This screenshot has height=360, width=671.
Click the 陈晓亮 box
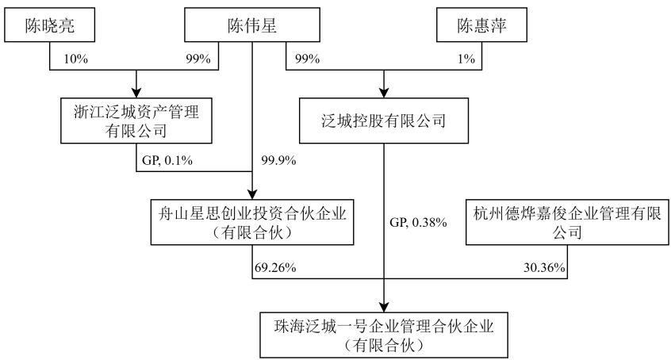click(x=50, y=25)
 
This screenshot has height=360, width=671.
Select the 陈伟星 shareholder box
click(x=252, y=25)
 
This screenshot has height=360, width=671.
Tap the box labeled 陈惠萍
click(x=481, y=25)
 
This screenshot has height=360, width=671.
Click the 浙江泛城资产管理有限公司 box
click(x=136, y=121)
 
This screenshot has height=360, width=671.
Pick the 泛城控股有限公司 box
click(x=383, y=121)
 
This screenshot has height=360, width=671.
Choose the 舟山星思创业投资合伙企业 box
click(x=252, y=222)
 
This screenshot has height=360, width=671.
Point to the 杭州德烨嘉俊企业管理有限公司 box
click(x=567, y=222)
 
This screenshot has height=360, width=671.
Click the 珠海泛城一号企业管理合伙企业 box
click(x=384, y=335)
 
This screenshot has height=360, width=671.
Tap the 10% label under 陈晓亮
click(x=75, y=59)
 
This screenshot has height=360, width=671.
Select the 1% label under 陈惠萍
click(x=466, y=59)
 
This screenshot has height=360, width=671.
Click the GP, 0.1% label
click(x=167, y=160)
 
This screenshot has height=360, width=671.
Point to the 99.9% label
click(x=278, y=160)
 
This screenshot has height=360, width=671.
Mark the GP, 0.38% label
click(x=418, y=223)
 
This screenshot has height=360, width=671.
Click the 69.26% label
click(x=275, y=267)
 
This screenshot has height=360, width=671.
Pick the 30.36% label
click(x=544, y=267)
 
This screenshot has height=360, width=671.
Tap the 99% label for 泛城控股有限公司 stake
click(x=307, y=59)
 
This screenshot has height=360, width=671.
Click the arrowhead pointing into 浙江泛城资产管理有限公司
click(x=136, y=93)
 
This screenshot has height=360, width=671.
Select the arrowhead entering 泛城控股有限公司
click(x=384, y=93)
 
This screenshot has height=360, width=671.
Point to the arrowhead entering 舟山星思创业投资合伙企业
click(x=252, y=194)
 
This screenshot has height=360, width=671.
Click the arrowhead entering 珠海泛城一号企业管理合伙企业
click(x=384, y=307)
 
